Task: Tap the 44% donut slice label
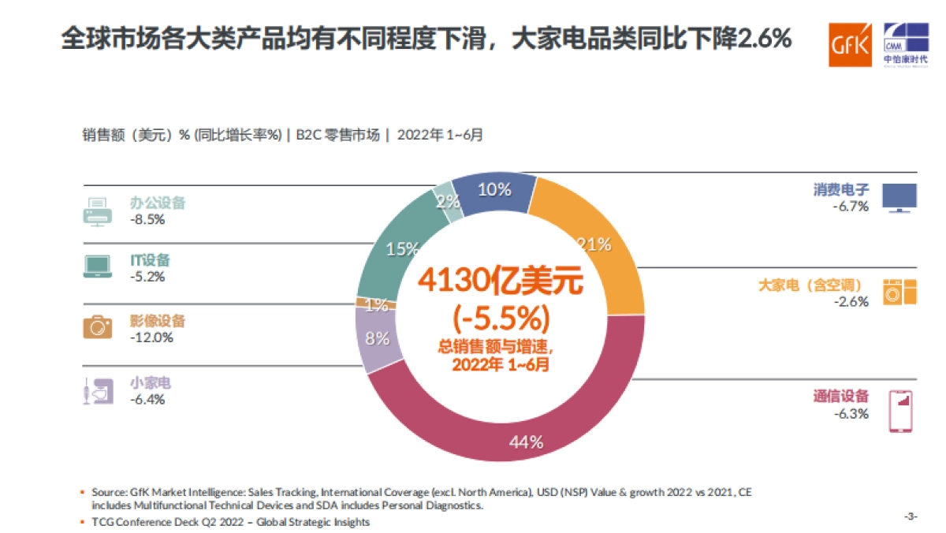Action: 526,442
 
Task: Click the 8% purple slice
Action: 377,339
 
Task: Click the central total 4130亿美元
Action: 501,281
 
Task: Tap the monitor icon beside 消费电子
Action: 899,198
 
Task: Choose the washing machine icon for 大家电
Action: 900,292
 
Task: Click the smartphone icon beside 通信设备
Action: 899,411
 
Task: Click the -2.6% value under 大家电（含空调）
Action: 851,301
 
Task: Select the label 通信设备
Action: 840,397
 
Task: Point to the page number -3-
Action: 911,516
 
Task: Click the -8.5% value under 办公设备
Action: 147,219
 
